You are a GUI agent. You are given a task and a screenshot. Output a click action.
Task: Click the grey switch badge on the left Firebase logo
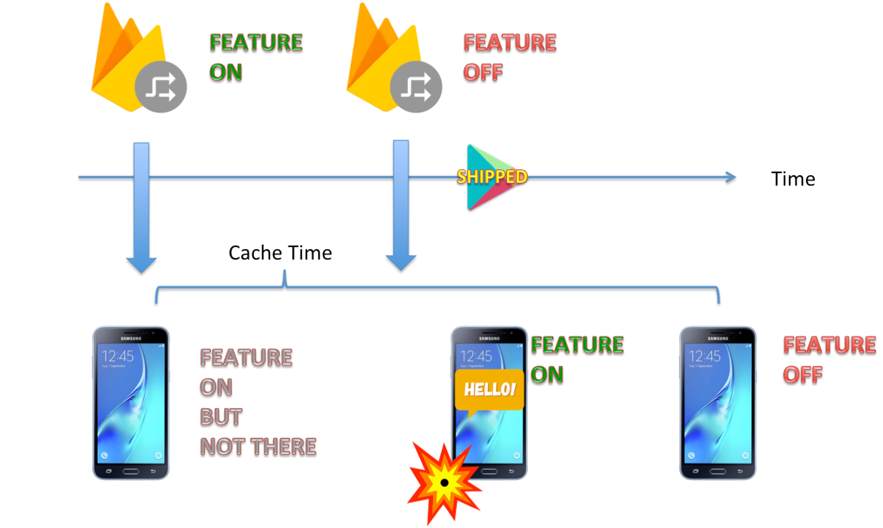[161, 87]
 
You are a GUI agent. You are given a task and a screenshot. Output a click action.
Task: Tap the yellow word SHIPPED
[492, 177]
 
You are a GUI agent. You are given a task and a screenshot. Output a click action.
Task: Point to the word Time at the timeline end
[793, 179]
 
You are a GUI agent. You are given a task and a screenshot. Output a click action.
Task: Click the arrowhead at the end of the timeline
[731, 177]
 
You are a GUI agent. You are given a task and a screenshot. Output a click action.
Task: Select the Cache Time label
[280, 253]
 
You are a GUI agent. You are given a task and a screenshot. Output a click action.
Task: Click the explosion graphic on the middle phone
[444, 483]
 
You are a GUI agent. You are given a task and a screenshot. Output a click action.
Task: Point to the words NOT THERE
[258, 446]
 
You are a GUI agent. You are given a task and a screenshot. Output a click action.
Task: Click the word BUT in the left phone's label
[221, 417]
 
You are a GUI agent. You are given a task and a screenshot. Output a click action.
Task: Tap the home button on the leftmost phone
[131, 471]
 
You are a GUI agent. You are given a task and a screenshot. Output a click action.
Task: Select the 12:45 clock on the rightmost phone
[705, 356]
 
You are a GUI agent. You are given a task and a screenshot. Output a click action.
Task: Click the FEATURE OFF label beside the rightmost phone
[829, 359]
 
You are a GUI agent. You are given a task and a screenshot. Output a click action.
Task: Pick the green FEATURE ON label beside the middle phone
[577, 359]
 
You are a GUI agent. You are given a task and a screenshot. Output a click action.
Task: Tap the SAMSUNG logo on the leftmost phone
[131, 338]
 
